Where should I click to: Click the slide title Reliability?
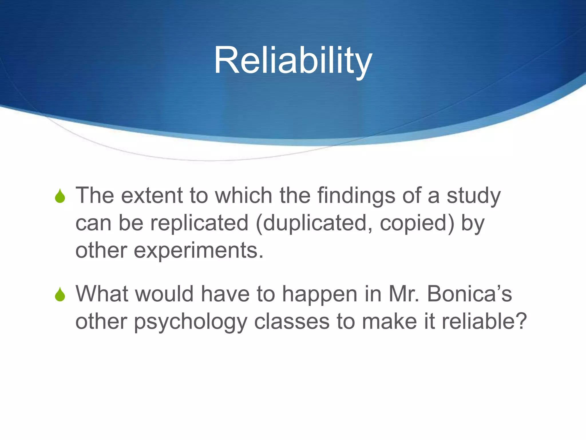pos(293,61)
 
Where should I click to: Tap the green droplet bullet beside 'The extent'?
pos(60,196)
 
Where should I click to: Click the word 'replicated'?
pos(199,223)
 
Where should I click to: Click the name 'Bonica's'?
pos(470,294)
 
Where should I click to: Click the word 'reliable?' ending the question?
pos(484,321)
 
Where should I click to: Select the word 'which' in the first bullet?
pos(243,196)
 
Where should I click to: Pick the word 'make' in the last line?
pos(389,321)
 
